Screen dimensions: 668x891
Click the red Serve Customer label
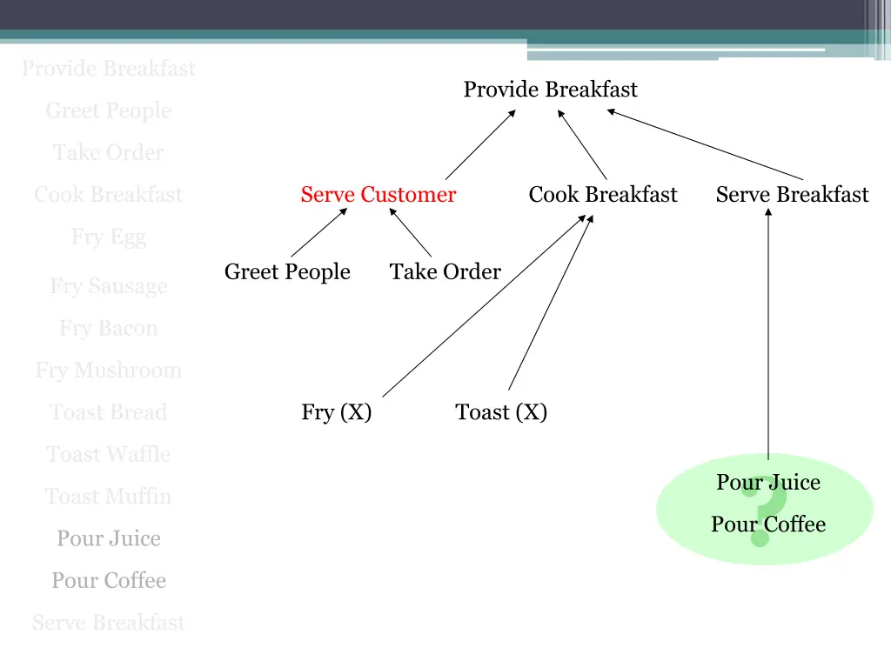(x=378, y=195)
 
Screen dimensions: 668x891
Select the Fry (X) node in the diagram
(x=337, y=412)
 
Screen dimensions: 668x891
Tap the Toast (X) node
(x=501, y=412)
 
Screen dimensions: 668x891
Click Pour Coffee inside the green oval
(x=768, y=524)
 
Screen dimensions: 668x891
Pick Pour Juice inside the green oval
(x=768, y=482)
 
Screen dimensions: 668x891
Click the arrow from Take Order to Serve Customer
(x=411, y=233)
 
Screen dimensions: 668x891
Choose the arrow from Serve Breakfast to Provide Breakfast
(x=705, y=144)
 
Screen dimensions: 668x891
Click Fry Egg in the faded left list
(x=109, y=237)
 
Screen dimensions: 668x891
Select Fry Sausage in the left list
(x=109, y=286)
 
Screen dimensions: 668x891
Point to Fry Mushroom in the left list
(x=109, y=371)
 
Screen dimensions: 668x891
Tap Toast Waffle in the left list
(x=109, y=454)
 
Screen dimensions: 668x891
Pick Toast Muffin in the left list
(x=109, y=497)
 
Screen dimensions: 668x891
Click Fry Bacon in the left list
(x=109, y=329)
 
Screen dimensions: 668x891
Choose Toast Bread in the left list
(x=109, y=412)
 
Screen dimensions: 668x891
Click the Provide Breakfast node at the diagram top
(x=550, y=90)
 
